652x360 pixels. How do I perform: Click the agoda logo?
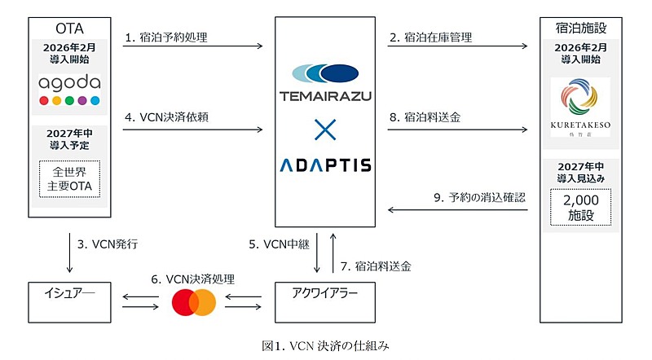(x=69, y=90)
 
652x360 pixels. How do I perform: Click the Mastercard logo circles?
(x=193, y=303)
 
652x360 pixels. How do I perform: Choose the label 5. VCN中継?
(x=276, y=243)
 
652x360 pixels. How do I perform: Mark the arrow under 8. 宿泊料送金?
(x=457, y=129)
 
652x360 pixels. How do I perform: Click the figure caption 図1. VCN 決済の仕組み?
(x=326, y=346)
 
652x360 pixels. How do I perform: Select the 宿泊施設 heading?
(x=579, y=29)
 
